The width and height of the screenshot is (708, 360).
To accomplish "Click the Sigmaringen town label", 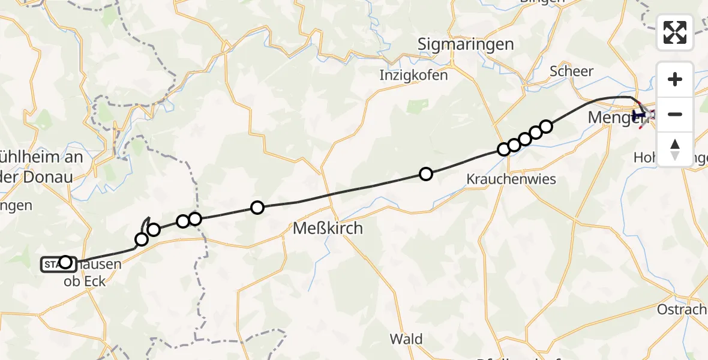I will pyautogui.click(x=466, y=44).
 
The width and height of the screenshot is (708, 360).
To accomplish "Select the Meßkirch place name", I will pyautogui.click(x=328, y=229).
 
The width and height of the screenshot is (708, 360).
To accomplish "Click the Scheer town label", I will pyautogui.click(x=572, y=71).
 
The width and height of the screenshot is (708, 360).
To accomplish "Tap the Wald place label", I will pyautogui.click(x=406, y=339).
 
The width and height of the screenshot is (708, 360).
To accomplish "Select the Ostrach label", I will pyautogui.click(x=682, y=310).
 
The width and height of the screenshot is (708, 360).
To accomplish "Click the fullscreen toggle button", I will pyautogui.click(x=675, y=32).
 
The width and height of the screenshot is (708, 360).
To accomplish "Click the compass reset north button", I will pyautogui.click(x=675, y=149).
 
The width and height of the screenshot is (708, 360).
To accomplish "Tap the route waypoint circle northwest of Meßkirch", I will pyautogui.click(x=257, y=208).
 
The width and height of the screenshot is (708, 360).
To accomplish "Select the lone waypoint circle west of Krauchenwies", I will pyautogui.click(x=426, y=174).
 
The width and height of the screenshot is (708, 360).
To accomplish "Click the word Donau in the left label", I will pyautogui.click(x=50, y=177).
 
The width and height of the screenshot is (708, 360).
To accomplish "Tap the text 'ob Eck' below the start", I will pyautogui.click(x=85, y=280).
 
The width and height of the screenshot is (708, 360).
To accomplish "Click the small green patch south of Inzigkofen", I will pyautogui.click(x=414, y=106).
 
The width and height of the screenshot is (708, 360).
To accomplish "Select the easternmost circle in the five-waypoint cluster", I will pyautogui.click(x=546, y=126).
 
